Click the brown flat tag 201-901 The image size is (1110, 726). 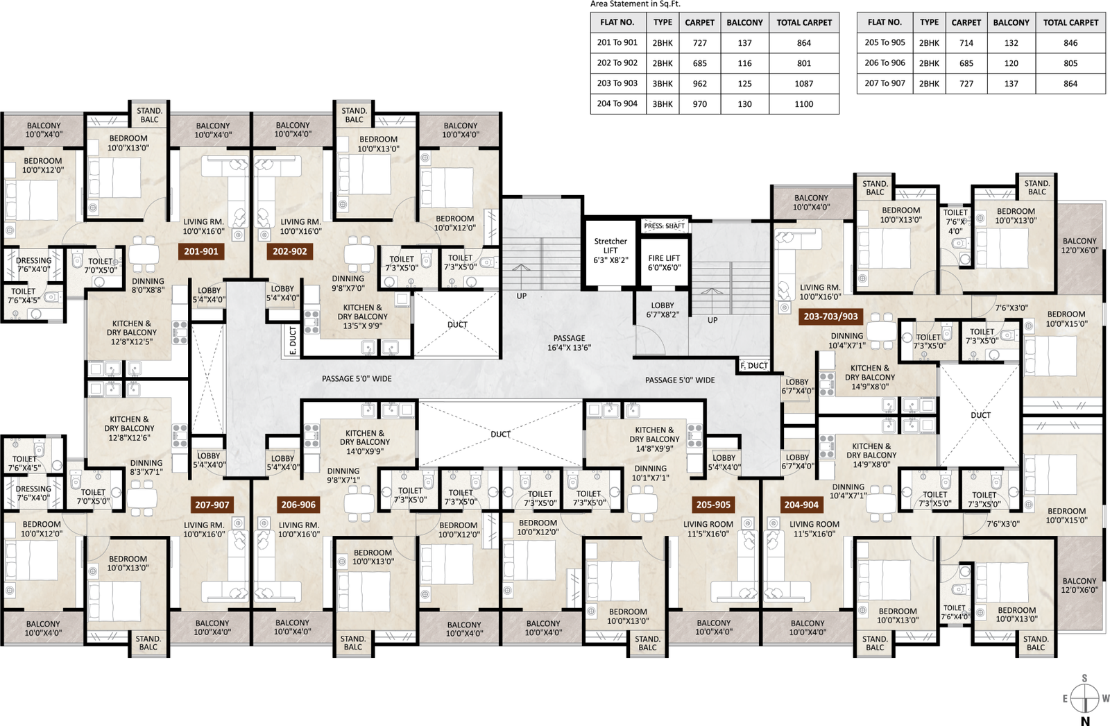click(x=200, y=251)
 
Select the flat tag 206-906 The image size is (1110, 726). click(x=298, y=505)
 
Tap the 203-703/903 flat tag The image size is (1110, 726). click(x=830, y=316)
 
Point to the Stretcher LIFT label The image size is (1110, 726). click(x=610, y=251)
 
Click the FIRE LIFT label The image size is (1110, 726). click(x=664, y=263)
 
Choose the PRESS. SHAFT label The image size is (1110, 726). click(x=664, y=226)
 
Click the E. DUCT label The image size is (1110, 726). click(x=292, y=340)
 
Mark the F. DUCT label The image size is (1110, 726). click(x=754, y=366)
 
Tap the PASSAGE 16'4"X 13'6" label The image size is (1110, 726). click(x=570, y=343)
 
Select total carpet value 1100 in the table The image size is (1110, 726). click(x=804, y=104)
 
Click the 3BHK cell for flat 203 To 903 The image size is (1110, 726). click(x=663, y=84)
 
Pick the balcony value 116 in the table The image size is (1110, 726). click(x=744, y=63)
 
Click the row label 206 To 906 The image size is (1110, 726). click(x=885, y=63)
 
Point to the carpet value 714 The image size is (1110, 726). click(x=966, y=43)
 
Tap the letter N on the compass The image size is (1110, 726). click(x=1085, y=721)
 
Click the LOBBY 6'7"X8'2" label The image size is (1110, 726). click(x=663, y=310)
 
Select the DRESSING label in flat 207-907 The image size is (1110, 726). click(x=33, y=489)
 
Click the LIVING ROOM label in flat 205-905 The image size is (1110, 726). click(x=708, y=524)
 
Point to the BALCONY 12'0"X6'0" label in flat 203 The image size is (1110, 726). click(x=1079, y=246)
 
